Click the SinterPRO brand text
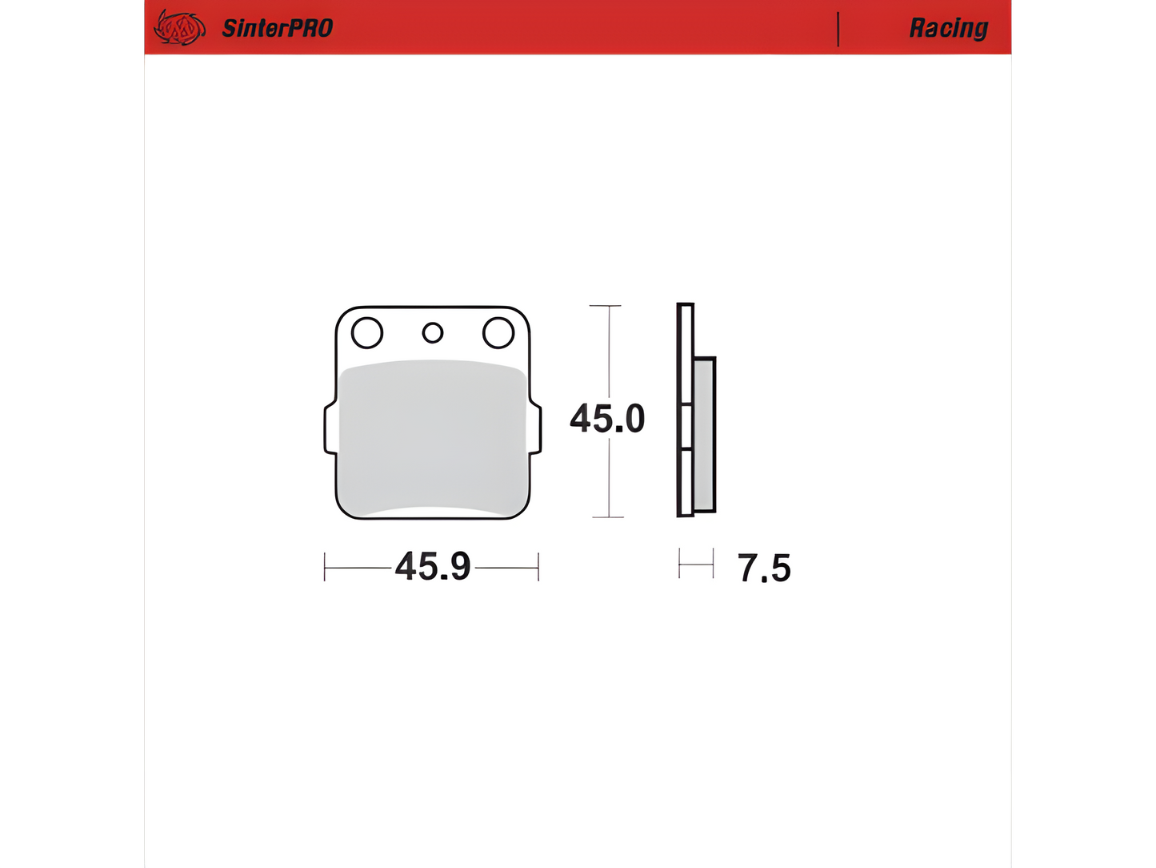click(277, 28)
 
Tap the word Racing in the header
click(948, 28)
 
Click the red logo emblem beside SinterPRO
click(178, 28)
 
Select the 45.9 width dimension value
click(433, 567)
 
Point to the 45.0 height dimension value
click(607, 419)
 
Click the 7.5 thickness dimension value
click(764, 569)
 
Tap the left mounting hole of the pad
click(367, 332)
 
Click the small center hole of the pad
click(433, 332)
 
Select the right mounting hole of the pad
click(498, 332)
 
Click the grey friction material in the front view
click(433, 436)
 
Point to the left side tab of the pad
click(330, 429)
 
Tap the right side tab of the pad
click(536, 429)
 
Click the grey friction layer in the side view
click(704, 434)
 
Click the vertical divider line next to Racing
click(838, 29)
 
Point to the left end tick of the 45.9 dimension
click(325, 567)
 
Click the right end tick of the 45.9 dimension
click(538, 567)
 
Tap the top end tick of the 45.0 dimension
click(606, 306)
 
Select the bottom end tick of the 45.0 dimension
click(608, 517)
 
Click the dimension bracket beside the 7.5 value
click(696, 564)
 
